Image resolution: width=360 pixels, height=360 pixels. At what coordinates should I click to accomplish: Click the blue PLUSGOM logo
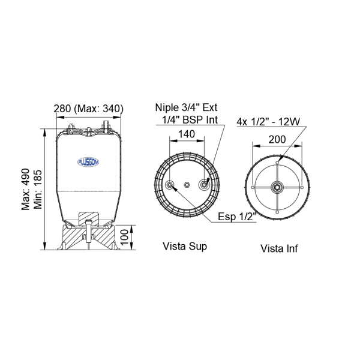pos(88,162)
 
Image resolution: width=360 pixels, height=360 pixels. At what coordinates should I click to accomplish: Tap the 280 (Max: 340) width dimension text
pos(88,109)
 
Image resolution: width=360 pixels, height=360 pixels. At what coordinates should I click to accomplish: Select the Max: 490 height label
pos(26,190)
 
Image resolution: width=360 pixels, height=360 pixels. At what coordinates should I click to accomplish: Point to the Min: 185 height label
pos(38,190)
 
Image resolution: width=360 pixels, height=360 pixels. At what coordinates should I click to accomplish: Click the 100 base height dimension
pos(124,238)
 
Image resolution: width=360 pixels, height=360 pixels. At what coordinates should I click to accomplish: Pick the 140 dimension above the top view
pos(187,134)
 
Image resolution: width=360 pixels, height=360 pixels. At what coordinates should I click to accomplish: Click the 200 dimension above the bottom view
pos(277,139)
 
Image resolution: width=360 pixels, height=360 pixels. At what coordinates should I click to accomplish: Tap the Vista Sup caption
pos(185,246)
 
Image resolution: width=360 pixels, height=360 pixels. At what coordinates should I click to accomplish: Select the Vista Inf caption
pos(279,248)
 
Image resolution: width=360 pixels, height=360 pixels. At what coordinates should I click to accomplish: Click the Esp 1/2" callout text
pos(237,217)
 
